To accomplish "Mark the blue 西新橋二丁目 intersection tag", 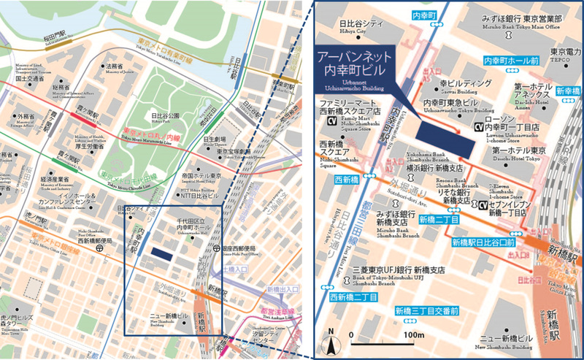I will [x=353, y=297].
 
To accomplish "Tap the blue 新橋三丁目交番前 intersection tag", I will [x=427, y=310].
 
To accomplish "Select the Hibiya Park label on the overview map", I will [x=165, y=115].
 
